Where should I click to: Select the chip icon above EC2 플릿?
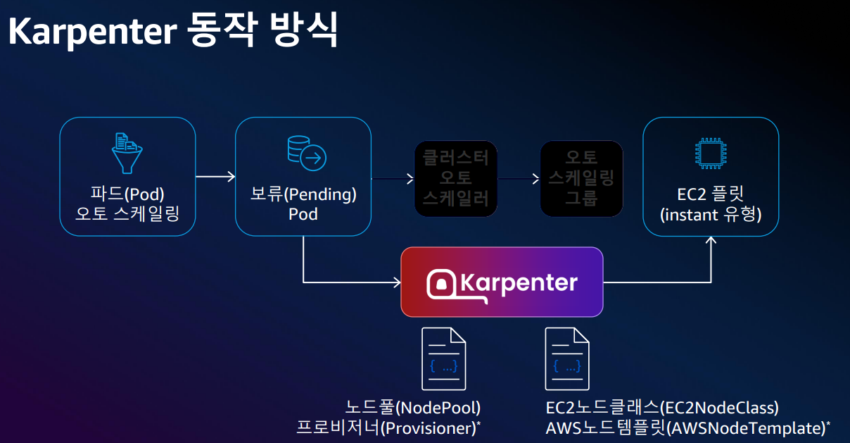tap(710, 154)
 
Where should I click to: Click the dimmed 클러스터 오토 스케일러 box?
tap(455, 178)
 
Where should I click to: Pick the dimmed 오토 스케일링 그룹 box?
tap(581, 178)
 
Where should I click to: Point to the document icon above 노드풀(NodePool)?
tap(443, 358)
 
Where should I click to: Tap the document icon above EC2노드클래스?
tap(567, 358)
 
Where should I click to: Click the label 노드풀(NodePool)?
tap(413, 407)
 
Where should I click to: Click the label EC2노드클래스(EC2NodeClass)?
tap(662, 407)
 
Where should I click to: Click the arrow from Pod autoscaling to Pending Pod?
tap(215, 176)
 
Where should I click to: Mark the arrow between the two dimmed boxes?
tap(518, 179)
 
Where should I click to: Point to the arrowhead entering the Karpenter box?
tap(396, 282)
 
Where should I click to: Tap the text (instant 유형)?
tap(711, 213)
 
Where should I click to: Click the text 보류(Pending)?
tap(303, 193)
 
